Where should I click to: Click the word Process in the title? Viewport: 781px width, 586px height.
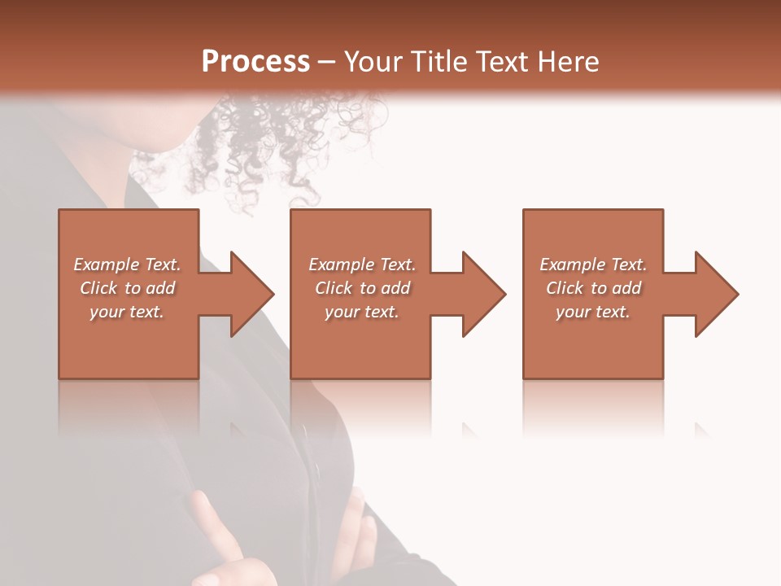255,62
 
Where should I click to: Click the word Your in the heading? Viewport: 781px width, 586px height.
375,62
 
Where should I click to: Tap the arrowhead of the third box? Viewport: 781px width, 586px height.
715,294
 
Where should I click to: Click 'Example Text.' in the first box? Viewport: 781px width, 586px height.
127,265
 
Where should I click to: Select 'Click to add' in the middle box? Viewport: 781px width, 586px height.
362,288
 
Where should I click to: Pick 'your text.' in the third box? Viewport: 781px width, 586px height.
593,312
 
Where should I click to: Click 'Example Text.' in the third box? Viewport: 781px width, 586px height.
593,265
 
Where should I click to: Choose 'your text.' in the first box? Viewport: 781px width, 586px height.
127,312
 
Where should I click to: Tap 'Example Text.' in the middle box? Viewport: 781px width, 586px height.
362,265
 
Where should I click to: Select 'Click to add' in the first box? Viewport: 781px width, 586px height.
127,288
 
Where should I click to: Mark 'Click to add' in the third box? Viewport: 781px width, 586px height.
593,288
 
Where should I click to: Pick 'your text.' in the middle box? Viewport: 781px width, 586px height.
362,312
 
